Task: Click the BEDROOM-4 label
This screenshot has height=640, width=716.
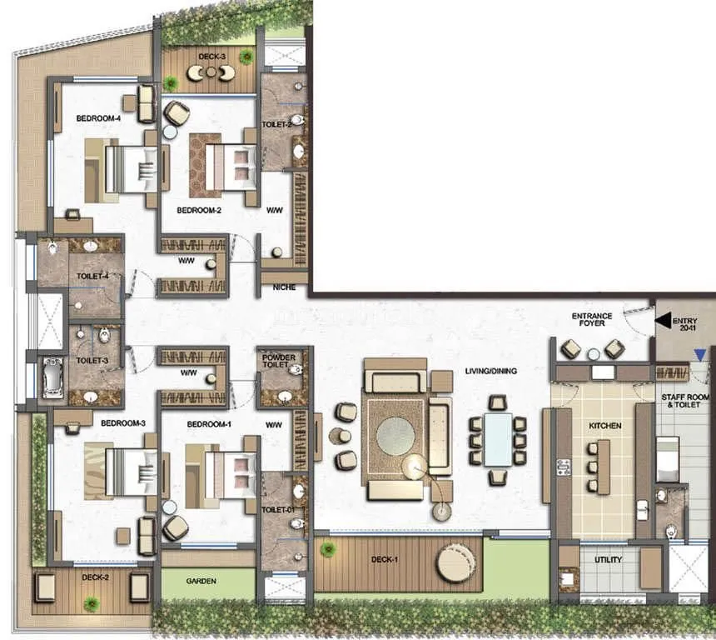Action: pos(99,118)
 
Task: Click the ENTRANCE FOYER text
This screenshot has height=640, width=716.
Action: pos(592,321)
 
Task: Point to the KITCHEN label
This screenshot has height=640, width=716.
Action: pos(605,426)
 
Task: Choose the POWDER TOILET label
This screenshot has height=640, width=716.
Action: pos(279,362)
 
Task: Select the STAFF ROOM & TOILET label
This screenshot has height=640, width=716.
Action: pos(686,402)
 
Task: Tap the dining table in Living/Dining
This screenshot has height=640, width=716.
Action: pos(498,439)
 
